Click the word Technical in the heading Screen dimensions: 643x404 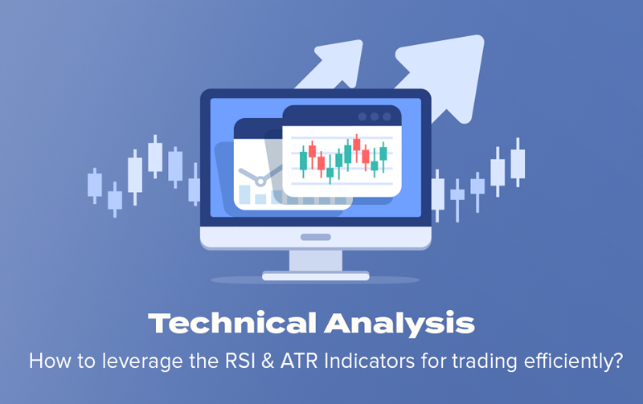[x=232, y=324]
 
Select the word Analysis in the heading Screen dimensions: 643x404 [x=399, y=324]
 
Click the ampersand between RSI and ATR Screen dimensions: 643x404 [x=268, y=361]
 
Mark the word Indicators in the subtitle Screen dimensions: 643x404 [x=369, y=361]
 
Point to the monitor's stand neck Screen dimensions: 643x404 [x=316, y=260]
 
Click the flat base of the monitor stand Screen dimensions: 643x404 [x=316, y=275]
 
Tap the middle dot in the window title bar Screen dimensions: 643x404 [x=375, y=116]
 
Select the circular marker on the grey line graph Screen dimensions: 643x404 [x=260, y=180]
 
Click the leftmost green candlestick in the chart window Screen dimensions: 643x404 [x=304, y=161]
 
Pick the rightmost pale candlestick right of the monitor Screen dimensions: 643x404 [x=518, y=163]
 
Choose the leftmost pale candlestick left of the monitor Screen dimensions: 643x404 [x=95, y=186]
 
